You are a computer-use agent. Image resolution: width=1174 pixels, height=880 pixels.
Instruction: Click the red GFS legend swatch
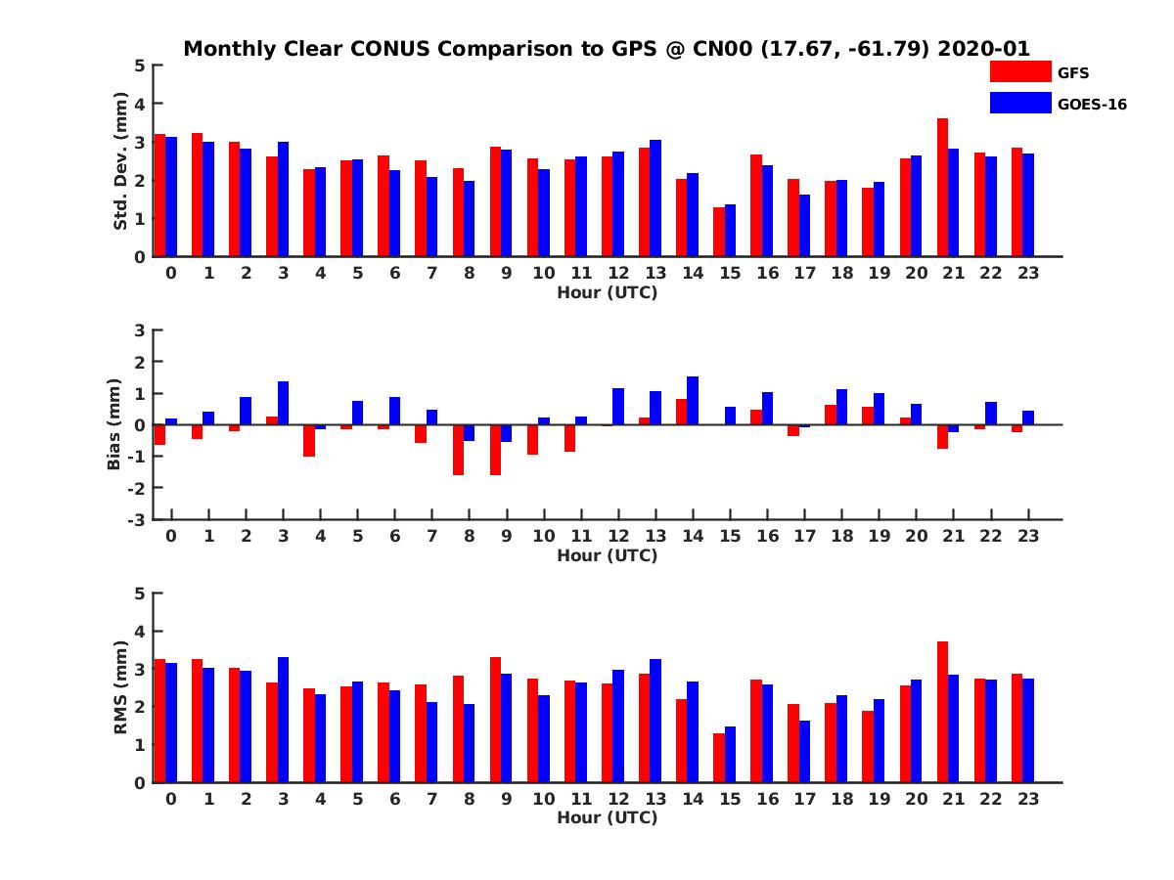click(1019, 72)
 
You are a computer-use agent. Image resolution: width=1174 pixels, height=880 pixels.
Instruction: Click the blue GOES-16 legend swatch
click(1019, 103)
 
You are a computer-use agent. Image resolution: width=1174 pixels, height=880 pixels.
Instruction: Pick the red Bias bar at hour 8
click(458, 450)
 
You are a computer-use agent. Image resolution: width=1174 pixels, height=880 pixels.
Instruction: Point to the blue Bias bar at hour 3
click(283, 403)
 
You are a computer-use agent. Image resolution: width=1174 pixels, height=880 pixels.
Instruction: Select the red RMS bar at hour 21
click(942, 712)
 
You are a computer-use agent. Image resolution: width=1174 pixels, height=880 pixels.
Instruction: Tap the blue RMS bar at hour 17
click(804, 751)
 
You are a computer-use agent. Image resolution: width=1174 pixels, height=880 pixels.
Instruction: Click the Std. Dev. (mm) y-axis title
click(120, 161)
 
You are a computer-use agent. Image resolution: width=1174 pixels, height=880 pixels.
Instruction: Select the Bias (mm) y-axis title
click(114, 423)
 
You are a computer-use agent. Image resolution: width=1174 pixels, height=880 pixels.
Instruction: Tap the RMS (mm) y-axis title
click(120, 687)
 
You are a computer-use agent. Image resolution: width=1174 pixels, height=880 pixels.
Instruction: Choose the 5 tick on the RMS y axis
click(140, 593)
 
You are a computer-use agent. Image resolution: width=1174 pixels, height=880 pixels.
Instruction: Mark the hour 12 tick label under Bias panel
click(618, 536)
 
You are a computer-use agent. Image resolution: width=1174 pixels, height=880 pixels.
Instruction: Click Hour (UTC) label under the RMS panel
click(607, 817)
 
